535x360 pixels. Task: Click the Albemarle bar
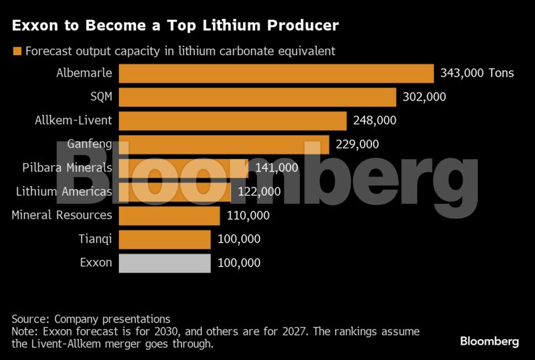point(276,73)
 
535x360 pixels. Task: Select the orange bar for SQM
point(257,97)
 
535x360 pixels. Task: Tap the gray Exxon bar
point(164,263)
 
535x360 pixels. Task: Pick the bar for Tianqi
point(164,239)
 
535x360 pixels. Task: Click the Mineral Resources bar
point(169,215)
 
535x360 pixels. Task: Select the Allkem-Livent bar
point(232,120)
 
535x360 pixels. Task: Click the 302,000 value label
point(424,97)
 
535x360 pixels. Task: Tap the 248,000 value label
point(375,120)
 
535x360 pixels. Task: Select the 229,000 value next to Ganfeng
point(357,144)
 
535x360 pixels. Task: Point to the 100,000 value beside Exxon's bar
point(239,263)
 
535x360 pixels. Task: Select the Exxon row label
point(96,263)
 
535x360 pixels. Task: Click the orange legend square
point(17,51)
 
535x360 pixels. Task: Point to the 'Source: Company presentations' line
point(91,319)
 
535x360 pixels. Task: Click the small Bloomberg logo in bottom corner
point(489,341)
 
